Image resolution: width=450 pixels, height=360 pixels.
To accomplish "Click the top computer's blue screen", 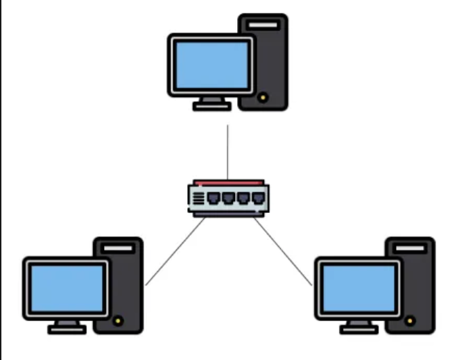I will (211, 65).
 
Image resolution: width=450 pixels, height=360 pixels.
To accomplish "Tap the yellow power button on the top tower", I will (263, 98).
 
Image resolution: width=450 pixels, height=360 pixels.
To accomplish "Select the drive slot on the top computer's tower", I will (263, 25).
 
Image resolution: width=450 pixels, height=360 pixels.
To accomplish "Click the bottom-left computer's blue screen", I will (67, 289).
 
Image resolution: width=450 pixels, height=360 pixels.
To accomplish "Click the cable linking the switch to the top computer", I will (227, 153).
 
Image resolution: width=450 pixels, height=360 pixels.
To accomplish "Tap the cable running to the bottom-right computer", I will (284, 252).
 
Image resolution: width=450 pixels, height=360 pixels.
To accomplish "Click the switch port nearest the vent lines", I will (214, 198).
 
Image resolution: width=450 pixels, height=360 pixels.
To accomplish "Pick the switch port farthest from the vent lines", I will (259, 198).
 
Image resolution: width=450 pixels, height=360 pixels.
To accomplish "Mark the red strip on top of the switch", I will (229, 182).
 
